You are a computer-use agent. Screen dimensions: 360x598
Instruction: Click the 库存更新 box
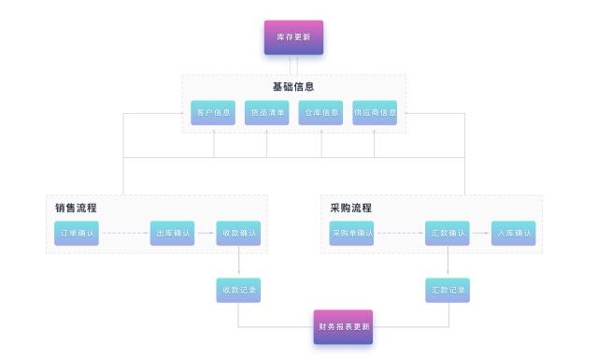(293, 38)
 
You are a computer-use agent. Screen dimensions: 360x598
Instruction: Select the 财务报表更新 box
(343, 326)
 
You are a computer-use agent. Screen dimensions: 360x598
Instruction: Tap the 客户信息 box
(213, 112)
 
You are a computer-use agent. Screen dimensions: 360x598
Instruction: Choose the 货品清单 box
(266, 112)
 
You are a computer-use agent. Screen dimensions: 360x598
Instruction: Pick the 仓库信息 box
(320, 112)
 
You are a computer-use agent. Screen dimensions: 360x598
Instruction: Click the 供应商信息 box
(375, 112)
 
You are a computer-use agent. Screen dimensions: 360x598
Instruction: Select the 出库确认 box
(173, 233)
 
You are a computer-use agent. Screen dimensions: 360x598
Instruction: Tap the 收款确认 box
(238, 233)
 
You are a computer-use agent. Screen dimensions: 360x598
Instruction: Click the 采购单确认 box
(351, 233)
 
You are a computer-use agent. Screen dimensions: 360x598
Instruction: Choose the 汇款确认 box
(447, 233)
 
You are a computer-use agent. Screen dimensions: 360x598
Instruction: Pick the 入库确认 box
(513, 233)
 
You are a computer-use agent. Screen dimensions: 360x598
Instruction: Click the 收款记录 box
(238, 290)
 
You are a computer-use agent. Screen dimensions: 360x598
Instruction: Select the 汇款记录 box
(447, 290)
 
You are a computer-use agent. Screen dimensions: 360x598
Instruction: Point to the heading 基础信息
(292, 86)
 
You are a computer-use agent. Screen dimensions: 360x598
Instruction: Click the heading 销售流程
(76, 208)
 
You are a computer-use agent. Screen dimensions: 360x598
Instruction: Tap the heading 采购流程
(350, 208)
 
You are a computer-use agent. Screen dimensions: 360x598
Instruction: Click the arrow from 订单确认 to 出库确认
(124, 233)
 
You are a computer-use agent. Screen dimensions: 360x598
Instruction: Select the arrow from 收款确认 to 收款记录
(238, 261)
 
